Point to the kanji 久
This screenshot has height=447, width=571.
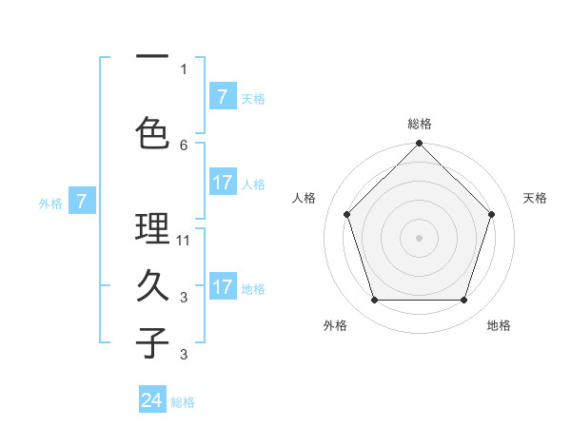152,285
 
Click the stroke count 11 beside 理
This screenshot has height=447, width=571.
184,241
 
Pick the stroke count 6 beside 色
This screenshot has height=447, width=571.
184,145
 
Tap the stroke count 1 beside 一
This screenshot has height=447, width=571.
184,68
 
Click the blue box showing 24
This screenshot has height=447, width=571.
152,400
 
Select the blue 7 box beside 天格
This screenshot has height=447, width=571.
222,97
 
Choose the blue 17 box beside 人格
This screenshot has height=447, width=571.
222,183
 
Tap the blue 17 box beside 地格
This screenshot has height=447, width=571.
222,287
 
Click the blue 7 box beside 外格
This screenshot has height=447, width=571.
82,201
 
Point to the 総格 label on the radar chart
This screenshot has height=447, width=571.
420,124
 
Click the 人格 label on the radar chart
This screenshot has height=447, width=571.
305,198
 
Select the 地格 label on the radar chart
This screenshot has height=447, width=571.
499,325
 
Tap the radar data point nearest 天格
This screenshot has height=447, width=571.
491,214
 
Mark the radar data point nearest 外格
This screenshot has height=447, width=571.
374,301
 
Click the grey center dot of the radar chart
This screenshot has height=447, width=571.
419,237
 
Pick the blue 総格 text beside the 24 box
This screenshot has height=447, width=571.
183,402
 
